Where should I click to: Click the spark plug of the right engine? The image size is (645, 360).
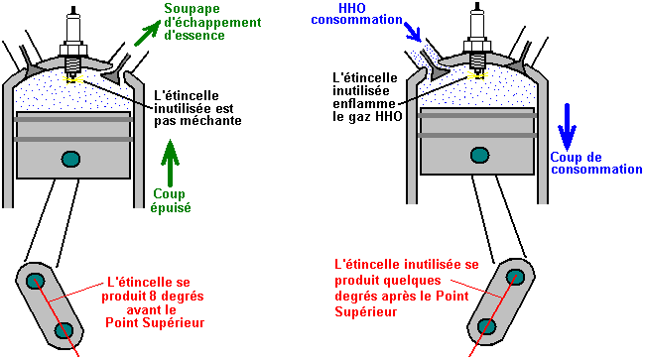click(x=477, y=41)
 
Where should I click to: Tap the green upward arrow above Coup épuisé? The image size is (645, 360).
click(x=170, y=163)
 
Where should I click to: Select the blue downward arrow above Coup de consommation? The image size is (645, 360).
click(x=567, y=127)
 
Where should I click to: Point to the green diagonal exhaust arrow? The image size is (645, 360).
click(x=147, y=33)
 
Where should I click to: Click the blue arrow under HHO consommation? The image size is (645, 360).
click(x=412, y=32)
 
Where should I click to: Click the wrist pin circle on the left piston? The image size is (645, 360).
click(x=70, y=159)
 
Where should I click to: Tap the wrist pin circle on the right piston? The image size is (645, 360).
click(x=479, y=155)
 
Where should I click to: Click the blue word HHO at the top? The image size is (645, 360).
click(x=352, y=8)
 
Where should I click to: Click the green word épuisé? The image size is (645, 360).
click(x=171, y=207)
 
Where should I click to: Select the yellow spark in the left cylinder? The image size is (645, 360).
click(x=72, y=79)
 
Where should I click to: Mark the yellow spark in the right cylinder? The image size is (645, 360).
click(x=477, y=75)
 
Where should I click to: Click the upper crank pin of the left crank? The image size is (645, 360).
click(x=36, y=281)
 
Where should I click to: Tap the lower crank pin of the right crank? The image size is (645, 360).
click(x=487, y=326)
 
